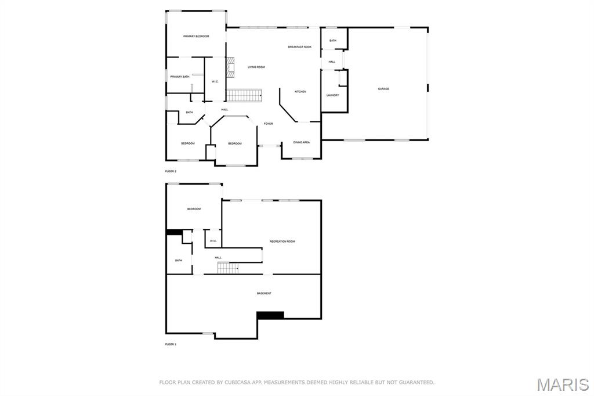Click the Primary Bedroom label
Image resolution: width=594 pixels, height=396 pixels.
[x=196, y=37]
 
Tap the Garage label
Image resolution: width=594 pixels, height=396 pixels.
[x=383, y=89]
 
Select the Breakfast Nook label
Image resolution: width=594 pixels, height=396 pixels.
[x=299, y=46]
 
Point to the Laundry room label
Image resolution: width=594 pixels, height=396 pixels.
[x=332, y=95]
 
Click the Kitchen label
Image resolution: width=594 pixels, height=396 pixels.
[x=300, y=92]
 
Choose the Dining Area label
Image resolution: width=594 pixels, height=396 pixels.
[x=301, y=142]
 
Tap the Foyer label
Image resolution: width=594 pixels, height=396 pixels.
[x=269, y=124]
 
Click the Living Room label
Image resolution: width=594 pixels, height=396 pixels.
[x=256, y=67]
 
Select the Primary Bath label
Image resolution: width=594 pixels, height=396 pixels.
[x=180, y=77]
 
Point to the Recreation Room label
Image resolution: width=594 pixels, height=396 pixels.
[x=282, y=241]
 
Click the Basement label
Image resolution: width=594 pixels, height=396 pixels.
[x=264, y=293]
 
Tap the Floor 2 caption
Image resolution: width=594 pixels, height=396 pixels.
[x=171, y=171]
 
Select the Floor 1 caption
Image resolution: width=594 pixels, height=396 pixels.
[x=171, y=344]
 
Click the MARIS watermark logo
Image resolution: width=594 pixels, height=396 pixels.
[x=563, y=384]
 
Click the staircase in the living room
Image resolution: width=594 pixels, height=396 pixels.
[x=244, y=95]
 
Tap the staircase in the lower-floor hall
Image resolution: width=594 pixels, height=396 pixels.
[x=228, y=268]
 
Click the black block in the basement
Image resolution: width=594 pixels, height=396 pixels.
[x=270, y=315]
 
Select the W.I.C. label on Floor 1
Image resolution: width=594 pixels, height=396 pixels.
[x=213, y=241]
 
